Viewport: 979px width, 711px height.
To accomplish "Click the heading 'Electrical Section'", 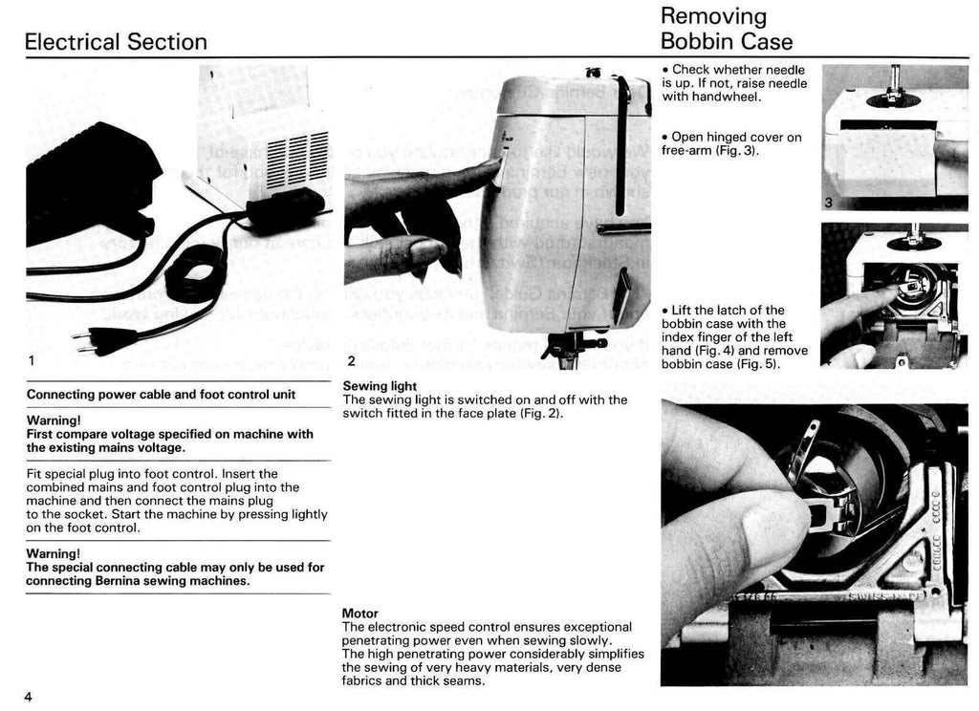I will coord(116,42).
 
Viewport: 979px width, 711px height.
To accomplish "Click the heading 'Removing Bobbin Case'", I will coord(727,29).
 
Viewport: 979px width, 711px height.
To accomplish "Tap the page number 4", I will coord(29,696).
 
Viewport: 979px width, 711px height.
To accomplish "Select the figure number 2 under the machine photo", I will coord(351,361).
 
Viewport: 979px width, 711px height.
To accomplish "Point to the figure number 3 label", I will coord(829,202).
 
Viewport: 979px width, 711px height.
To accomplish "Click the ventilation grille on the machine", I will coord(296,158).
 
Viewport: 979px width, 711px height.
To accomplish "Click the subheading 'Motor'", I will coord(359,613).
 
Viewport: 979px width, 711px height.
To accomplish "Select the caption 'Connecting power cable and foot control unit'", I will coord(161,394).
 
